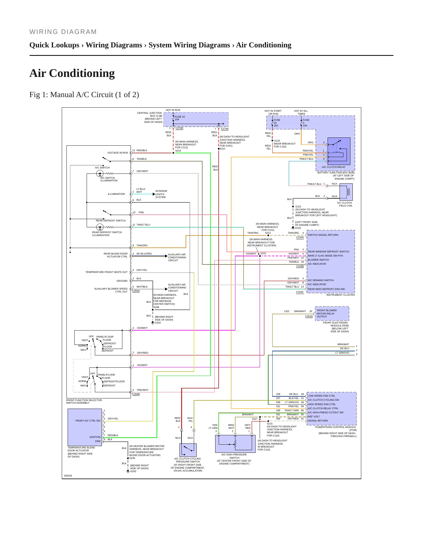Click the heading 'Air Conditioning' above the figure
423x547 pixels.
[72, 73]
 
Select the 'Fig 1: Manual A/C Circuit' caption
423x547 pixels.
[84, 95]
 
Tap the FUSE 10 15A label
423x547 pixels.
[180, 118]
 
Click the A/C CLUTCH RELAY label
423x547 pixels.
[334, 167]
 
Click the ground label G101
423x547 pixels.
[298, 228]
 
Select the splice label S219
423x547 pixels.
[178, 151]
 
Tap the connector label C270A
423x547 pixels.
[225, 129]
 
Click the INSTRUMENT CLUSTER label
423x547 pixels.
[340, 295]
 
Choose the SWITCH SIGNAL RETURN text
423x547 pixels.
[323, 235]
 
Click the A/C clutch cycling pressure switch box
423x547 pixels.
[188, 450]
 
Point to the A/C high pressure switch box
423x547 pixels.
[235, 443]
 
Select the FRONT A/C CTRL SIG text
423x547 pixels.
[88, 421]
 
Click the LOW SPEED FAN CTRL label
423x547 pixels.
[321, 396]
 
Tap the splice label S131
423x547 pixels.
[270, 424]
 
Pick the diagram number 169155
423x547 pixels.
[68, 476]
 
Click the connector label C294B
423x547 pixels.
[136, 394]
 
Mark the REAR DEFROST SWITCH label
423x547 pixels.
[111, 221]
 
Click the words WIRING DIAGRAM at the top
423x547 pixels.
[63, 32]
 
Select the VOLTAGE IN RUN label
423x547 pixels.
[118, 153]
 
